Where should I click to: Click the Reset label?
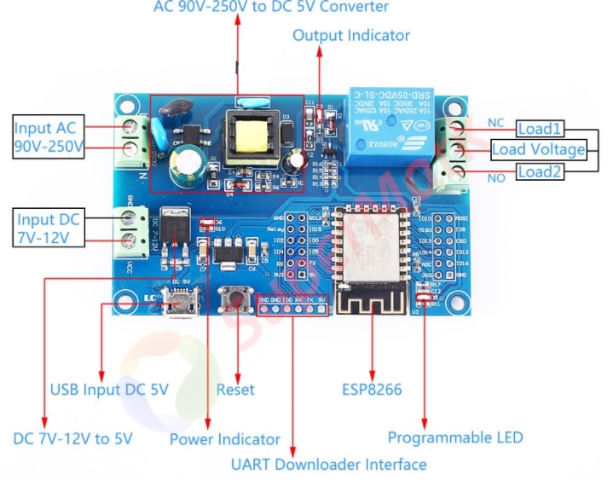pyautogui.click(x=235, y=390)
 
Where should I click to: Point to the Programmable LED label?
pyautogui.click(x=455, y=438)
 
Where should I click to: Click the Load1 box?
pyautogui.click(x=541, y=129)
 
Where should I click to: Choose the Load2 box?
pyautogui.click(x=541, y=172)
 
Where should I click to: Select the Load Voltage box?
pyautogui.click(x=539, y=150)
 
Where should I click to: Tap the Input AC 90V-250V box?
pyautogui.click(x=49, y=138)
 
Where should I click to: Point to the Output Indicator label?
pyautogui.click(x=351, y=36)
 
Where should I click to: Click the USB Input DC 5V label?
pyautogui.click(x=109, y=390)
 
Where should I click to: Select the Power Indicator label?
pyautogui.click(x=224, y=439)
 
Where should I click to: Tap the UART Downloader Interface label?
pyautogui.click(x=328, y=465)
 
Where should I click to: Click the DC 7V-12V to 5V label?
pyautogui.click(x=73, y=439)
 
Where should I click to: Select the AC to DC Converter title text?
pyautogui.click(x=271, y=8)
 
